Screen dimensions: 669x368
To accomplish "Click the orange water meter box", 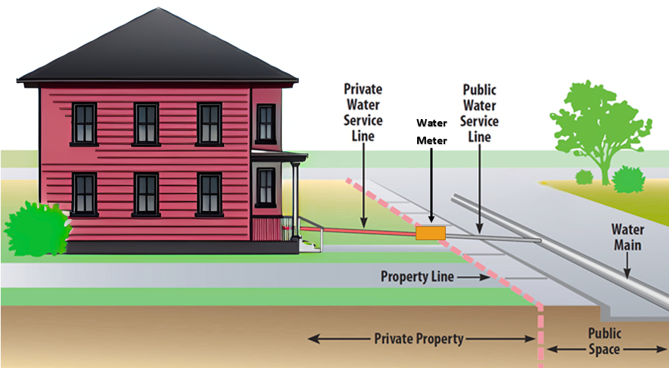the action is tap(430, 233).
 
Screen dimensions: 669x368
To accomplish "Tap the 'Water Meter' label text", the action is tap(432, 132).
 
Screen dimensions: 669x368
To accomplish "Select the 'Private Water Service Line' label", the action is tap(363, 112).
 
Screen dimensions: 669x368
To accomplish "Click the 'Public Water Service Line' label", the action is tap(480, 114).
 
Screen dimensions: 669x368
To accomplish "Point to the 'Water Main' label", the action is tap(628, 237).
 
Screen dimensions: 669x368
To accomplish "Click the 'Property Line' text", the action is tap(417, 276).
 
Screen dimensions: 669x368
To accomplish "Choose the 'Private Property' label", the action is tap(419, 339).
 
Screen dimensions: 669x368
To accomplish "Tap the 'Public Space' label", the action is tap(604, 341).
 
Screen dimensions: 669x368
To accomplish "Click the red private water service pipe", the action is tap(358, 231).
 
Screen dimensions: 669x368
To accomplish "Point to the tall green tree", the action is tap(600, 128).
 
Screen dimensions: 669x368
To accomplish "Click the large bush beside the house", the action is tap(37, 228).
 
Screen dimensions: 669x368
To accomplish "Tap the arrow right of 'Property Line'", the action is tap(473, 277).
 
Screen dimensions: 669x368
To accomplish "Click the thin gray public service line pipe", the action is tap(493, 237).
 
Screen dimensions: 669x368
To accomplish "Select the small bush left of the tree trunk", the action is tap(584, 177).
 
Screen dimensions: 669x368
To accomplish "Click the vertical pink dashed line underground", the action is tap(541, 336).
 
